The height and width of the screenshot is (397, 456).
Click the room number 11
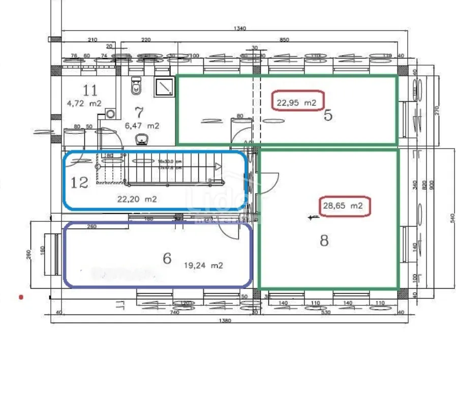click(x=90, y=91)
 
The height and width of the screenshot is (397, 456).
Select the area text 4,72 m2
click(x=84, y=103)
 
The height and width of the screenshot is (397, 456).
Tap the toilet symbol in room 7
click(x=135, y=87)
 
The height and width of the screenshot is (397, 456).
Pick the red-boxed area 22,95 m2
click(x=297, y=102)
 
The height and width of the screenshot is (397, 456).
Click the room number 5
click(x=328, y=116)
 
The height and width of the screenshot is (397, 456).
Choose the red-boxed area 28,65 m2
click(x=345, y=206)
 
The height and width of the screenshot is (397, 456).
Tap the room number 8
click(x=324, y=240)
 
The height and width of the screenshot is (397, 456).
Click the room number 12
click(x=79, y=182)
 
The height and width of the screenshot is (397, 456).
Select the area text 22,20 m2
click(x=137, y=200)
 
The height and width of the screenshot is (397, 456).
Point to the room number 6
click(x=167, y=259)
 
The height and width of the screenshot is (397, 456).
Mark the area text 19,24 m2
click(x=203, y=265)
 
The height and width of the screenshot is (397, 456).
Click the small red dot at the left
click(x=21, y=296)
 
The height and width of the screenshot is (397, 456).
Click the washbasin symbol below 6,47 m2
click(x=142, y=138)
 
